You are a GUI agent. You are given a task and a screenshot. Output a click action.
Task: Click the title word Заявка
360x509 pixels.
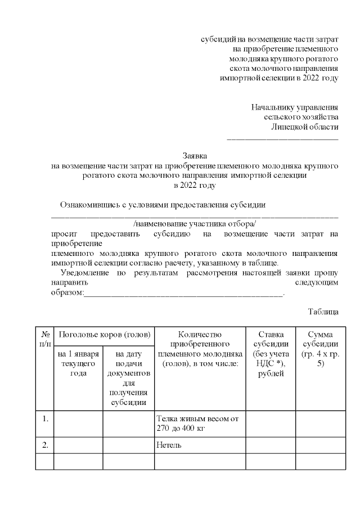click(x=195, y=155)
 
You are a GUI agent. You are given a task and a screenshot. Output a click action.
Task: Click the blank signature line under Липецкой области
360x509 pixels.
click(x=282, y=137)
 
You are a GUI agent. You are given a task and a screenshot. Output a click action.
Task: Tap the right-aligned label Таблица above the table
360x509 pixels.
click(x=323, y=312)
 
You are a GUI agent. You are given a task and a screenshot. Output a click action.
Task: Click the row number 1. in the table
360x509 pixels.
click(x=45, y=418)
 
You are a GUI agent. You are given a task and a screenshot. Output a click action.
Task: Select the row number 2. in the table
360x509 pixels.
click(x=45, y=445)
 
